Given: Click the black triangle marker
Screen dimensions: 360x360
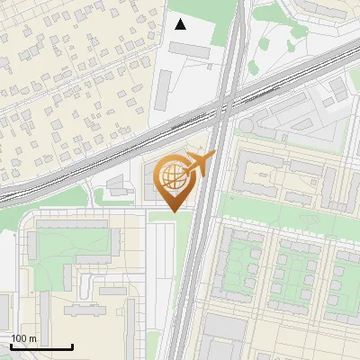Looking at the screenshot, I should coord(181,23).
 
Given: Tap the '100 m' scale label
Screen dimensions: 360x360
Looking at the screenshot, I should coord(24,338).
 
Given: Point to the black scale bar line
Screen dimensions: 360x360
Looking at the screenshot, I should coord(41,346).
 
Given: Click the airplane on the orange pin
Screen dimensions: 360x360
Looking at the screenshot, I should coord(200,164).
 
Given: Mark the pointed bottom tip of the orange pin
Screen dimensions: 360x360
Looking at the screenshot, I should coord(173,211).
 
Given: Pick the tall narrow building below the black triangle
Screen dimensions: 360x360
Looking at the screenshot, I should coord(164,88).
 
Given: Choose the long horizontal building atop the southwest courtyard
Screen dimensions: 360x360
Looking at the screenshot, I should coord(72,223).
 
